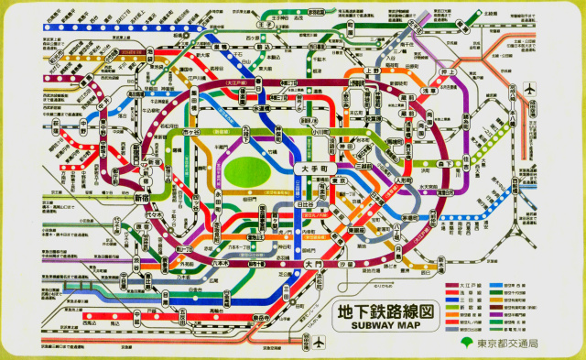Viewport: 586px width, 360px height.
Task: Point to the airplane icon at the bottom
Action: (319, 344)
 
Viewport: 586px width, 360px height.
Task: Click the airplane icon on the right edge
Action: (530, 90)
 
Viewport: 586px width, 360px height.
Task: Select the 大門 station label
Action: (313, 265)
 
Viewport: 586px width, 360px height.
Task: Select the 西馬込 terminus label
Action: (90, 323)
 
